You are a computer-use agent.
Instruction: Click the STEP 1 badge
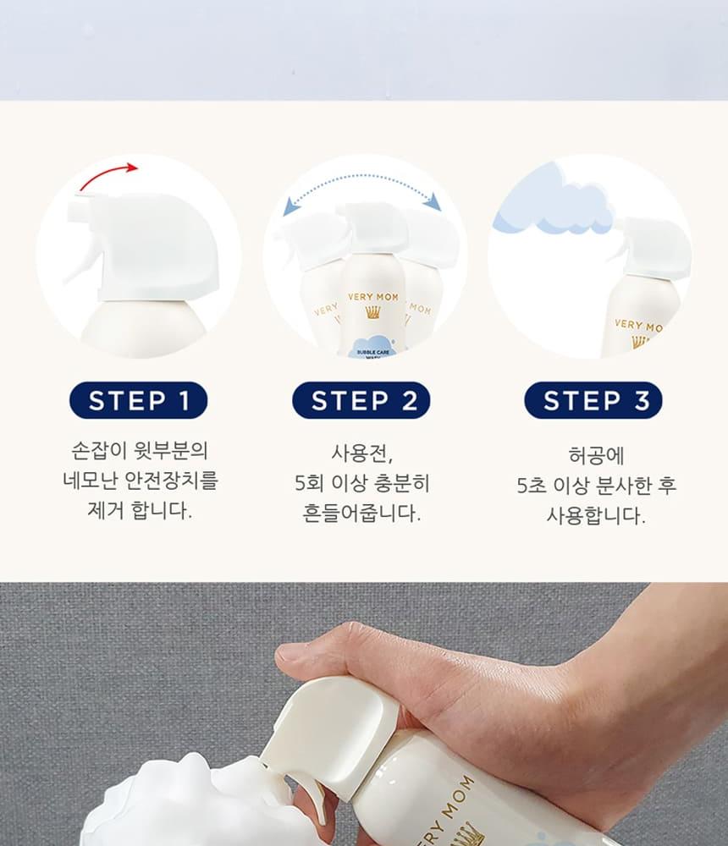[138, 400]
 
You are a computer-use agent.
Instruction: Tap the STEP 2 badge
[361, 400]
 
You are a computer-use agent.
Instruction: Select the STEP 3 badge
[593, 400]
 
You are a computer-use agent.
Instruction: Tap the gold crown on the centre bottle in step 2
[372, 312]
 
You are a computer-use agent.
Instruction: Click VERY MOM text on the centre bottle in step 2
[372, 297]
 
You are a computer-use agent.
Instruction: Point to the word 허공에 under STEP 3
[596, 456]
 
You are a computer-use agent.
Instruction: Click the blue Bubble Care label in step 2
[372, 347]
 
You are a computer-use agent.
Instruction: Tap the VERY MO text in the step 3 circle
[639, 326]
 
